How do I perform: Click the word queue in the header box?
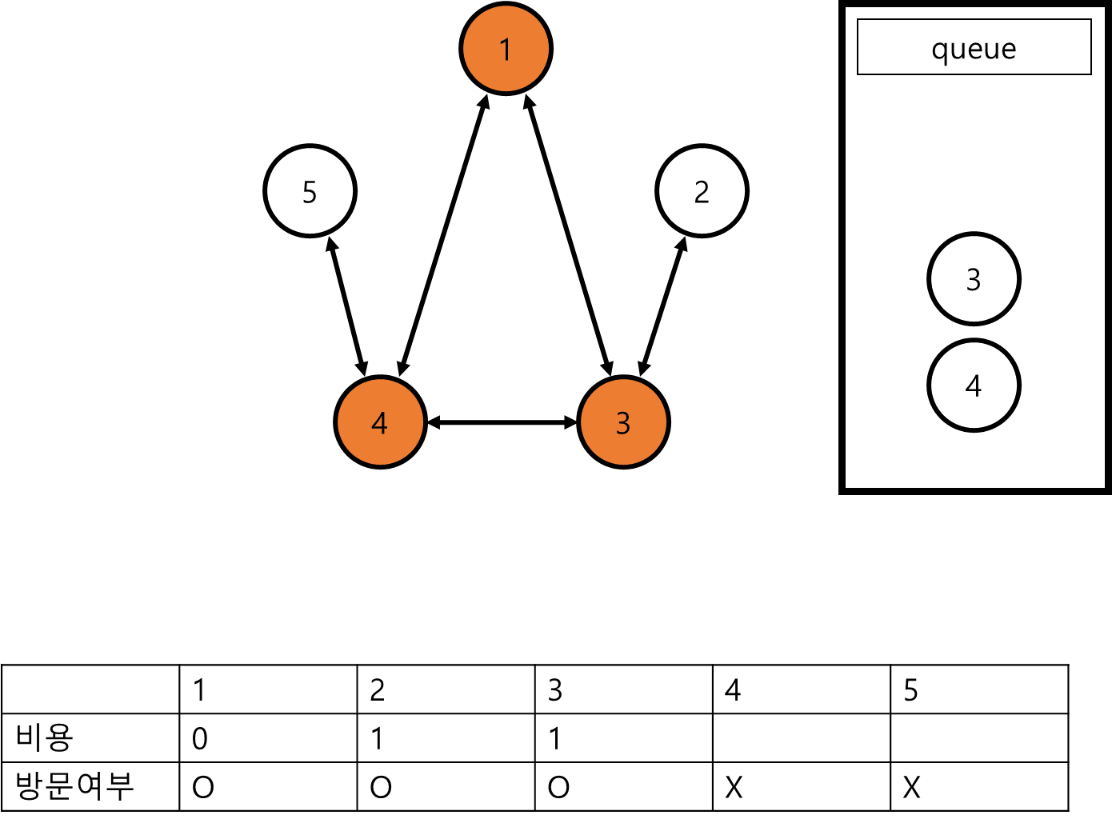click(x=974, y=50)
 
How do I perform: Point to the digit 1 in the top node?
click(x=506, y=50)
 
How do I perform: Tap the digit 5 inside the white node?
click(x=310, y=193)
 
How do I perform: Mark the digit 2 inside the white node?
click(x=702, y=193)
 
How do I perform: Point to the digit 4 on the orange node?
click(x=380, y=422)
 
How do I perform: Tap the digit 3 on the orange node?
click(x=623, y=422)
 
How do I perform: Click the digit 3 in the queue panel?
click(x=974, y=279)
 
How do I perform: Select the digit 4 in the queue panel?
click(x=974, y=386)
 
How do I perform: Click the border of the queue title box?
click(x=974, y=20)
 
